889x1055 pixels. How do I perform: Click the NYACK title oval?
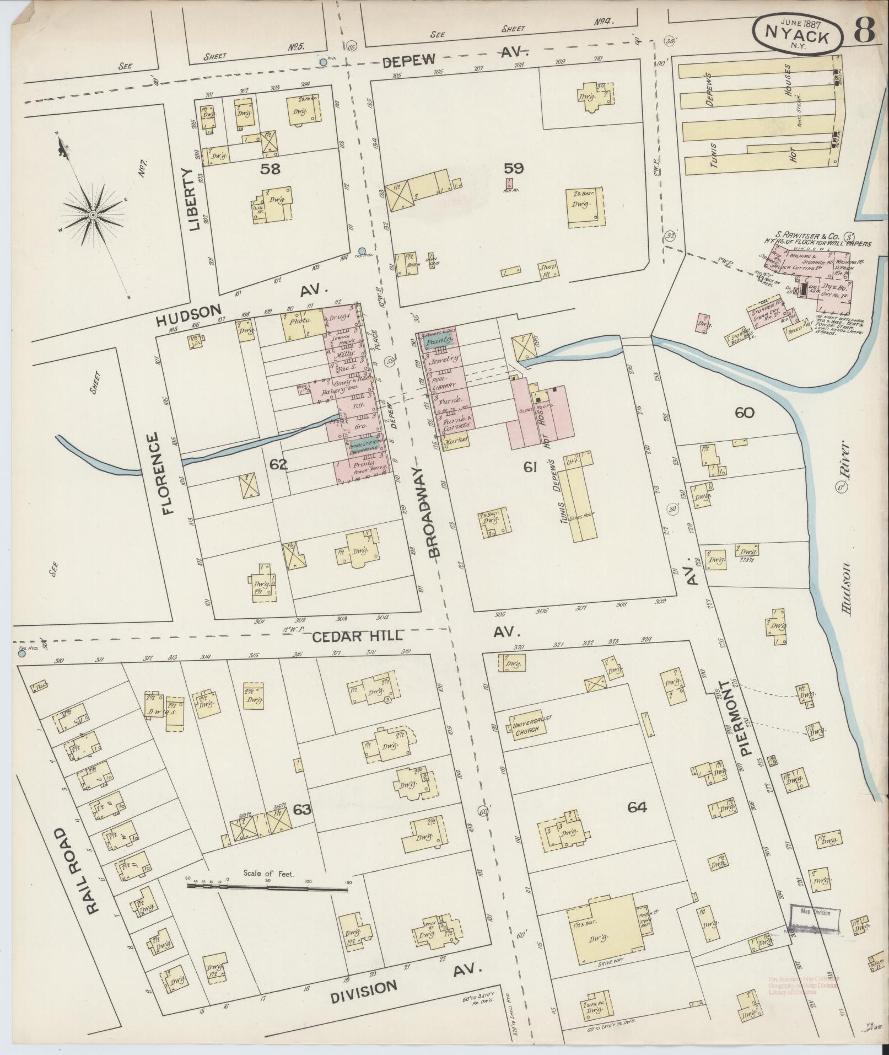point(798,33)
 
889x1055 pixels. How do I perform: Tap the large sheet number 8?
point(865,31)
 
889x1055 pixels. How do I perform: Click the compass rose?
point(94,214)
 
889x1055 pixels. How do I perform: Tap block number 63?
point(302,810)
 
